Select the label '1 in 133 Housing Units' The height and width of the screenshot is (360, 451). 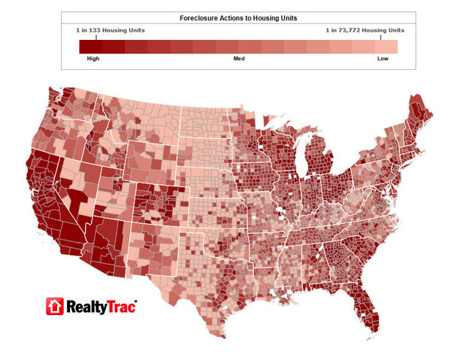110,30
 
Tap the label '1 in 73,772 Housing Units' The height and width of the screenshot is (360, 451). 364,30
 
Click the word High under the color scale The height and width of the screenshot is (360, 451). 94,57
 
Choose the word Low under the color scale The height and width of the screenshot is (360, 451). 383,57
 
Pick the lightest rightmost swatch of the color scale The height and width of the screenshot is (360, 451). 387,46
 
